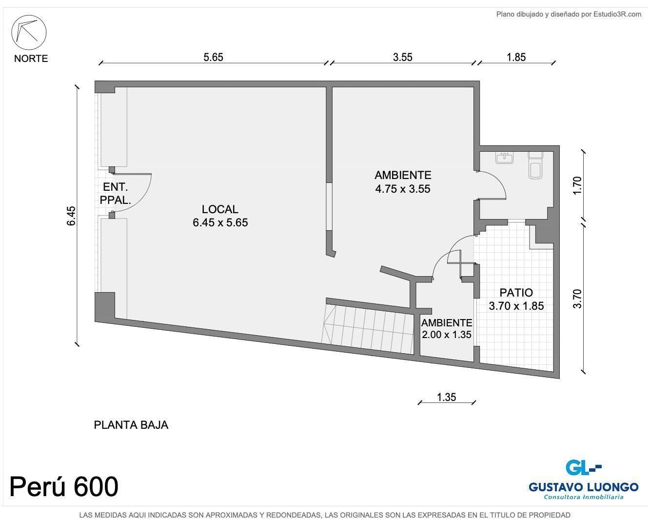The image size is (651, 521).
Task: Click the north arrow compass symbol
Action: pos(29,32)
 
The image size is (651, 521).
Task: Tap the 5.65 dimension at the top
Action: pos(213,57)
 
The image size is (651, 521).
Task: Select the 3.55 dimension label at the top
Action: pos(403,57)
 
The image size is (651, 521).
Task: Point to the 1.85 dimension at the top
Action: pos(516,57)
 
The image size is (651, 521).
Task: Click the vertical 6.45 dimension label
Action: pos(71,216)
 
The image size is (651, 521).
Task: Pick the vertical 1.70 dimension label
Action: pos(577,185)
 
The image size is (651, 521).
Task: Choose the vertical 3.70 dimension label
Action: pos(577,299)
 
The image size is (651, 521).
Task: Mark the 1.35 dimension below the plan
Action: pos(447,397)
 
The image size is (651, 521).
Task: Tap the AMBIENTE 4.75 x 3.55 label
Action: pos(403,182)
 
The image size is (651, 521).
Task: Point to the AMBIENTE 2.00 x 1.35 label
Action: pos(447,329)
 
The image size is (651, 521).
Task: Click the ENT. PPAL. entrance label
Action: pos(115,194)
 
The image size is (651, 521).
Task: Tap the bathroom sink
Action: pos(505,158)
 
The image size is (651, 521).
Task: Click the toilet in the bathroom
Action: pos(536,165)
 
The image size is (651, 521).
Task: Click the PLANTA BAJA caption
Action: pos(131,425)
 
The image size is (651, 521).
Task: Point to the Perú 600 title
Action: pos(64,486)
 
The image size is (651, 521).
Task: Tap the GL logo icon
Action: pos(584,468)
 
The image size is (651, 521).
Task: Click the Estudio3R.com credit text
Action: pos(569,14)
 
